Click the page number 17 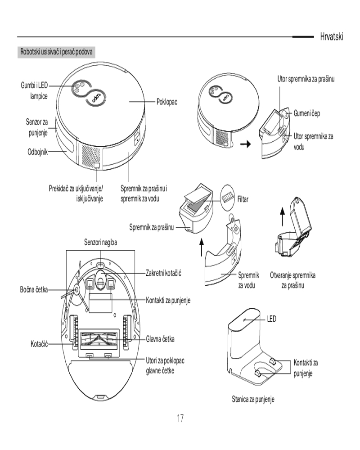pos(180,419)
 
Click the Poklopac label pos(167,102)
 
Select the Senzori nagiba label pos(100,243)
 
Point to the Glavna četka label pos(160,338)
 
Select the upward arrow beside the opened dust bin pos(283,216)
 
